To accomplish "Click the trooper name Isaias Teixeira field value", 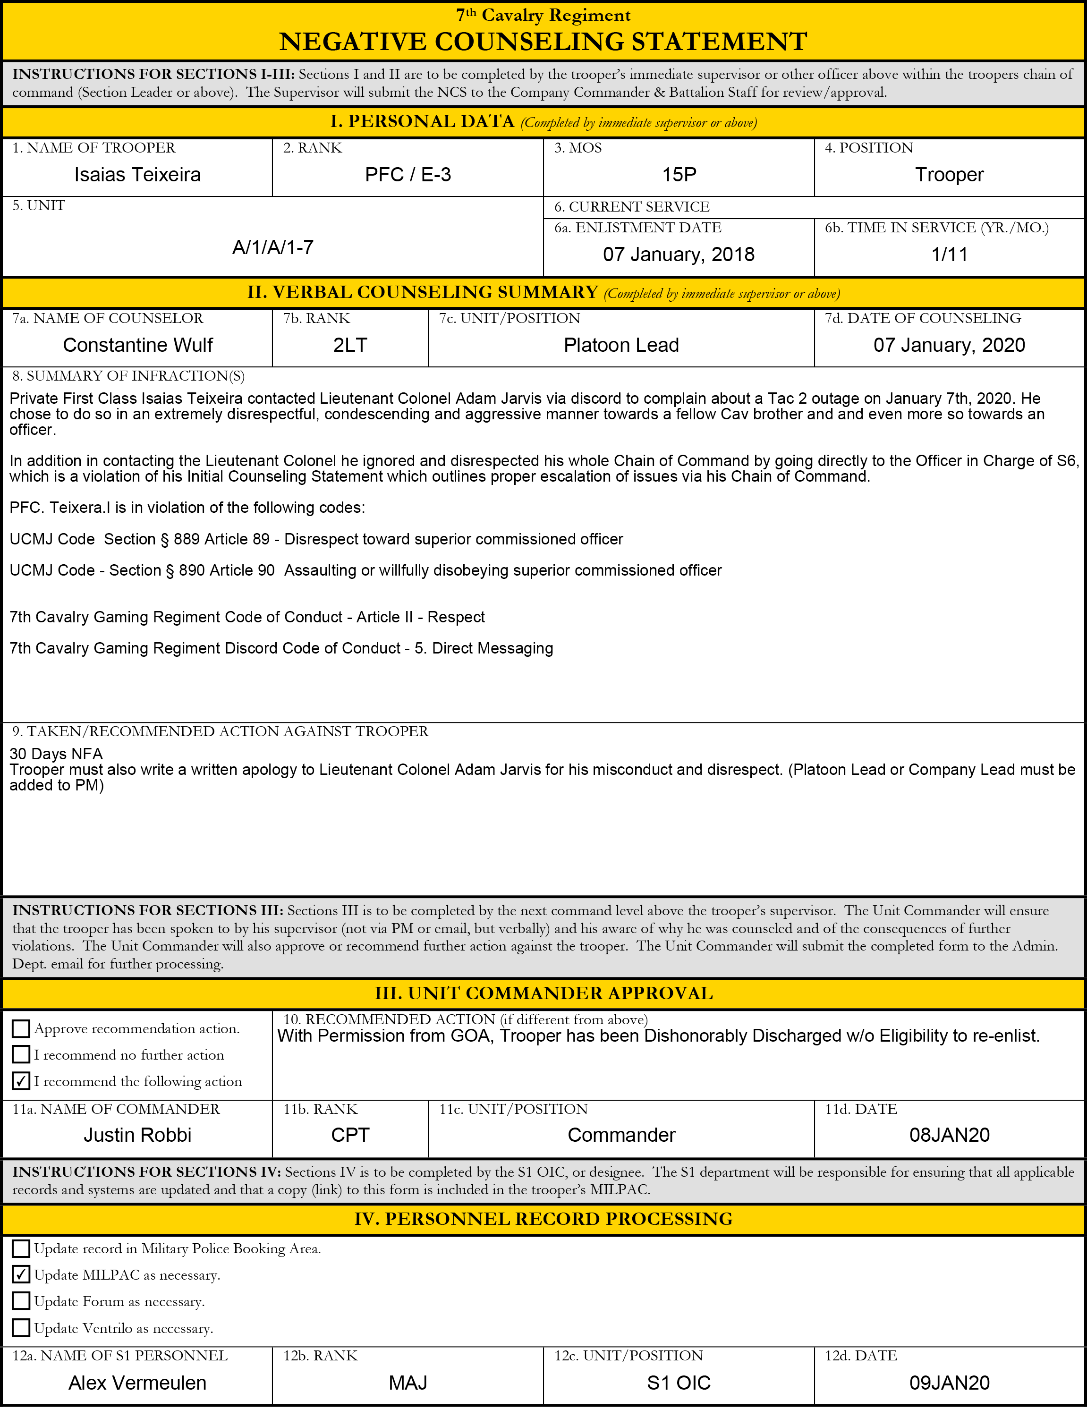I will point(137,175).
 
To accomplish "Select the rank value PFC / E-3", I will point(408,175).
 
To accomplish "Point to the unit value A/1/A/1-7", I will point(273,247).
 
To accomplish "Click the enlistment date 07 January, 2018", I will point(679,254).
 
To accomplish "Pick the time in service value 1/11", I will point(950,254).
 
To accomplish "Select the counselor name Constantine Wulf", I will point(137,345).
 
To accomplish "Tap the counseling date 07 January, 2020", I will point(949,345).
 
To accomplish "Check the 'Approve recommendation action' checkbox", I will point(21,1028).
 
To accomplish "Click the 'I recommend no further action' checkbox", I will point(21,1055).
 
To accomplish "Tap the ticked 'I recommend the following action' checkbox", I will point(21,1081).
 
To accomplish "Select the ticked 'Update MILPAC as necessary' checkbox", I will point(21,1275).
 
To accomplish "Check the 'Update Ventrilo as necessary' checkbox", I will point(21,1328).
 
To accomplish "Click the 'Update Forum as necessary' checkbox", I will point(21,1301).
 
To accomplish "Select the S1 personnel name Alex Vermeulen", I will point(137,1383).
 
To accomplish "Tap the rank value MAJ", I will point(408,1383).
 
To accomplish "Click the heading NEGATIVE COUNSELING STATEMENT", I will point(543,41).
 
